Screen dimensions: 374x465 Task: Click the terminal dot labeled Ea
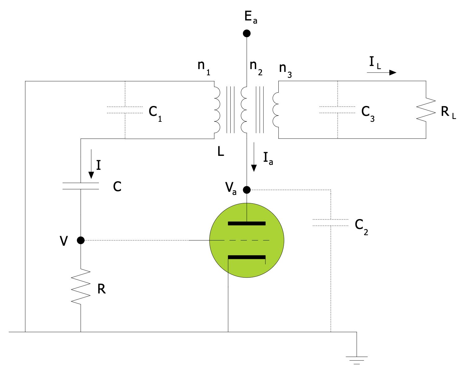click(246, 33)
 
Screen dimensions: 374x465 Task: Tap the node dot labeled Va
click(246, 189)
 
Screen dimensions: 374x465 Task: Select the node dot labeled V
click(81, 240)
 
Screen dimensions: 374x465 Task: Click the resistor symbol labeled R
click(81, 286)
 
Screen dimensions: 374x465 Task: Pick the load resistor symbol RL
click(426, 110)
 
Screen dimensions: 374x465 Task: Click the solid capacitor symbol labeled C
click(81, 186)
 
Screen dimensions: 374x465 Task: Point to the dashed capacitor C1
click(125, 110)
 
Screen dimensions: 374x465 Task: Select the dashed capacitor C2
click(330, 222)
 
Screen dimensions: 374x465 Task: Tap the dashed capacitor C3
click(338, 110)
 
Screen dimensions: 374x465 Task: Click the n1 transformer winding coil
click(217, 110)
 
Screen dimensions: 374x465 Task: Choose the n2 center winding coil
click(244, 110)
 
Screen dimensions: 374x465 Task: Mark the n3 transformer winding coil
click(275, 110)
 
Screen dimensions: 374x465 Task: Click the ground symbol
click(356, 359)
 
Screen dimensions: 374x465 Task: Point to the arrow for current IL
click(381, 73)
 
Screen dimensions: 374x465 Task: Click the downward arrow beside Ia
click(254, 157)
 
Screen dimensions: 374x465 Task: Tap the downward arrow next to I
click(91, 164)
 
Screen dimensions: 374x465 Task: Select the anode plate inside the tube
click(247, 223)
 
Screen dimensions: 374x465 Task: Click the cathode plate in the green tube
click(247, 257)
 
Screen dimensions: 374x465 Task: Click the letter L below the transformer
click(221, 152)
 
